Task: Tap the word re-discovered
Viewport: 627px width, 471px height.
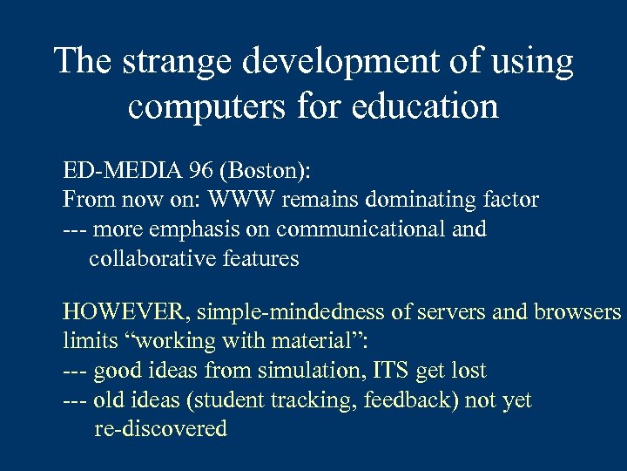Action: pyautogui.click(x=160, y=429)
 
